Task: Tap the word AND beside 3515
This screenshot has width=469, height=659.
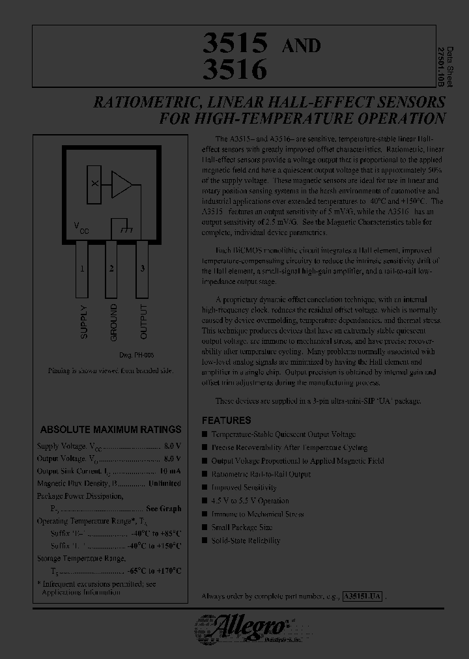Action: click(x=300, y=45)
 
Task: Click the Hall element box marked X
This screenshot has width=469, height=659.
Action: click(x=95, y=184)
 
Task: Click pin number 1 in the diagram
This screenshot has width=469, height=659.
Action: click(x=82, y=268)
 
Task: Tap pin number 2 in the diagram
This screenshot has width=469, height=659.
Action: click(x=112, y=268)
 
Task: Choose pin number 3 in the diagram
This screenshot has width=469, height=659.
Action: click(x=142, y=268)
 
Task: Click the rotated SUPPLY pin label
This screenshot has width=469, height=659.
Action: click(x=83, y=321)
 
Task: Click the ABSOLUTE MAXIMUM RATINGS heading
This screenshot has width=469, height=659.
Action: click(x=111, y=430)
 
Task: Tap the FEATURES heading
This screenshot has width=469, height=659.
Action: click(x=226, y=421)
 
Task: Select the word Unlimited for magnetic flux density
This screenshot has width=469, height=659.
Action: click(x=164, y=484)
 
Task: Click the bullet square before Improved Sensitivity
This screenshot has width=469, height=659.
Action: click(x=205, y=487)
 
